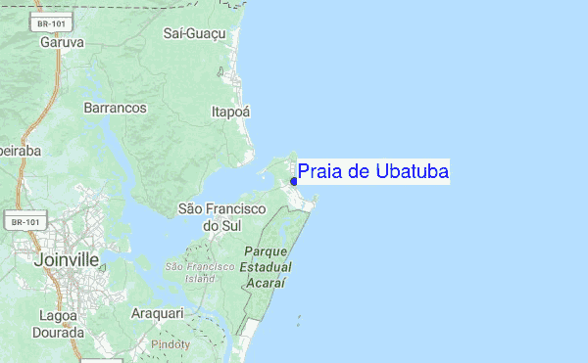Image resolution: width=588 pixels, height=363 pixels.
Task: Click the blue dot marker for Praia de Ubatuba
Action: tap(294, 181)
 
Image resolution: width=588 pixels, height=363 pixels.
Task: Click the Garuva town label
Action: tap(62, 43)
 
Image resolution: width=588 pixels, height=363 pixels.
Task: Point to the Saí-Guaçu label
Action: tap(195, 34)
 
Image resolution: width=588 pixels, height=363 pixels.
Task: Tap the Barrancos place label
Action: tap(116, 107)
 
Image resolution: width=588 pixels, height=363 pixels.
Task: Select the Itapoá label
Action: tap(231, 113)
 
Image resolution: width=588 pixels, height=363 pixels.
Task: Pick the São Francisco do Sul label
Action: tap(222, 217)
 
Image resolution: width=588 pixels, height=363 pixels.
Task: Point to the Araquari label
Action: tap(157, 313)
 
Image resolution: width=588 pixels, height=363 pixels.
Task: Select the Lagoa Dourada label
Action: tap(59, 324)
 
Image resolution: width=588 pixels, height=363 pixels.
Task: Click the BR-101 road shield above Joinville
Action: tap(25, 223)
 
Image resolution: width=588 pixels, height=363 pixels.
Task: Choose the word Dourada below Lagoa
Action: tap(59, 333)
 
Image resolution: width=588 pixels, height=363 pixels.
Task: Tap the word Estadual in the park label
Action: tap(267, 266)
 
